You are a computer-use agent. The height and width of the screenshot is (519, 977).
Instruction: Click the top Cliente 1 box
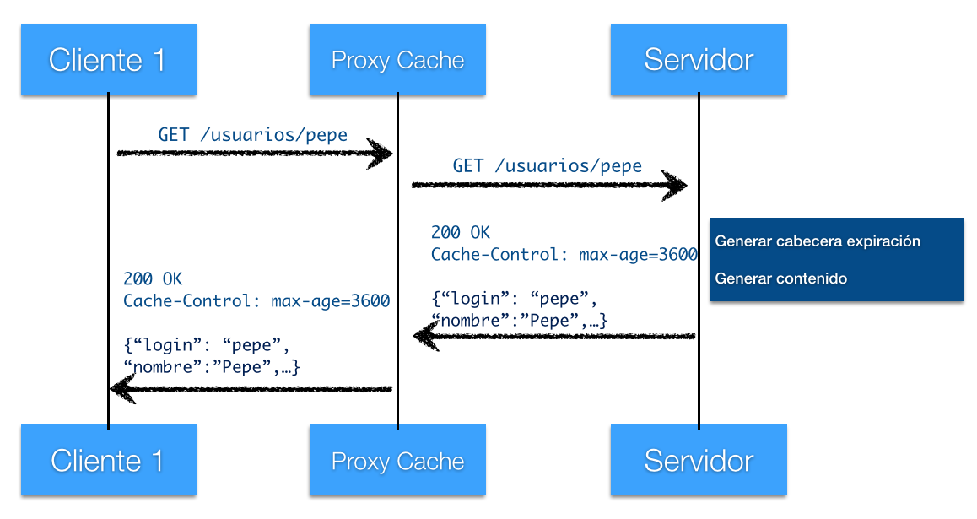coord(109,59)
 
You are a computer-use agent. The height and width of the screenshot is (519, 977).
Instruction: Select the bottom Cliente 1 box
coord(109,460)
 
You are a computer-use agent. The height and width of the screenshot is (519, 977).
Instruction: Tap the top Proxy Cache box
coord(397,59)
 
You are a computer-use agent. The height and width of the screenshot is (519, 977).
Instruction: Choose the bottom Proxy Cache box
coord(397,460)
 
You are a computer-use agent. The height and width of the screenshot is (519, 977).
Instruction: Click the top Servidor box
coord(699,59)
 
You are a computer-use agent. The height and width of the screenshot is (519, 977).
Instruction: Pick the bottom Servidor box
coord(699,460)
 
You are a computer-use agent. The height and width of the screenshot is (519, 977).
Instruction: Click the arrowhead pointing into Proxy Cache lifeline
coord(380,154)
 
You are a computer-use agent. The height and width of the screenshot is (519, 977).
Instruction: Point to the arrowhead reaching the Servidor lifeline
coord(674,185)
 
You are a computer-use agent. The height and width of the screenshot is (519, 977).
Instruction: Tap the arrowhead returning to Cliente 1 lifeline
coord(122,389)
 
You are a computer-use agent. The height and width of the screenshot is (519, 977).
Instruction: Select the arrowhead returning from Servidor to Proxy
coord(426,337)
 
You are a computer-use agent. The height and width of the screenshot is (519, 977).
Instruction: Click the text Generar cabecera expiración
coord(818,241)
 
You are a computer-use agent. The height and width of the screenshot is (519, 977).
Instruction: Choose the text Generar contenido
coord(780,278)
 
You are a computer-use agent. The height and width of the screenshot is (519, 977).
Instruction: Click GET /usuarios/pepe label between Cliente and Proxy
coord(252,134)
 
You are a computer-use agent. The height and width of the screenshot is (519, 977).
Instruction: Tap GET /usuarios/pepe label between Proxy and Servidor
coord(547,165)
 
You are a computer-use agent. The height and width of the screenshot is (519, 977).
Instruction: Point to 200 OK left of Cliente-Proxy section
coord(153,278)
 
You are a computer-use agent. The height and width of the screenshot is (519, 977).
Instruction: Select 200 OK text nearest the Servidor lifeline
coord(461,232)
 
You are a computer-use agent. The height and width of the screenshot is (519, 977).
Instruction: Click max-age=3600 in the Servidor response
coord(638,254)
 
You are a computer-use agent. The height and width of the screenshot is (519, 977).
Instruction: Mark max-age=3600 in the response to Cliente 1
coord(330,301)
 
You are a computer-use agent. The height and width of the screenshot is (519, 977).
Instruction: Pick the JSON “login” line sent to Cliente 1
coord(206,345)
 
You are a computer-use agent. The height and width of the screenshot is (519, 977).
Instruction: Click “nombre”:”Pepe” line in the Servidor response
coord(519,321)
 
